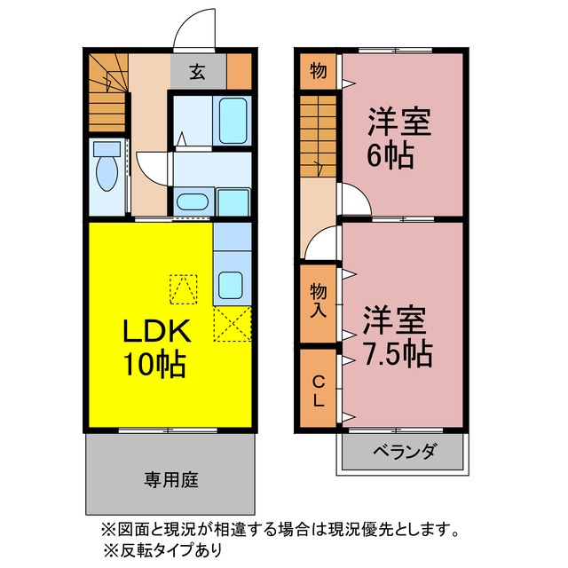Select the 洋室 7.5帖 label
click(x=397, y=336)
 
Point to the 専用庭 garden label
click(x=170, y=480)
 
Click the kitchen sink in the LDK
click(x=231, y=285)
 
